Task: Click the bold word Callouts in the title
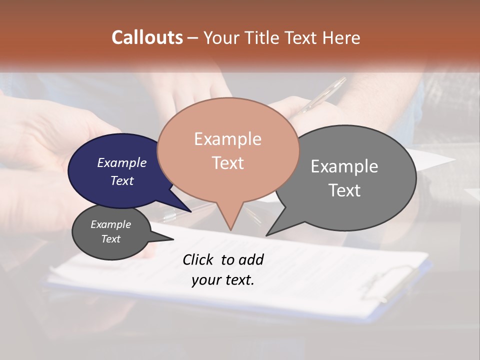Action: point(147,37)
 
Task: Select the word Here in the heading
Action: point(341,37)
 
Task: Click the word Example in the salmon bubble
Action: point(227,139)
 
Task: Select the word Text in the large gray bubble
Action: point(344,190)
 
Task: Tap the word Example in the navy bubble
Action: point(121,163)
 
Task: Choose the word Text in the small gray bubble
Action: point(110,239)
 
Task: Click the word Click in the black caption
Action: point(197,260)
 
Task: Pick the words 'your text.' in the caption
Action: point(222,280)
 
